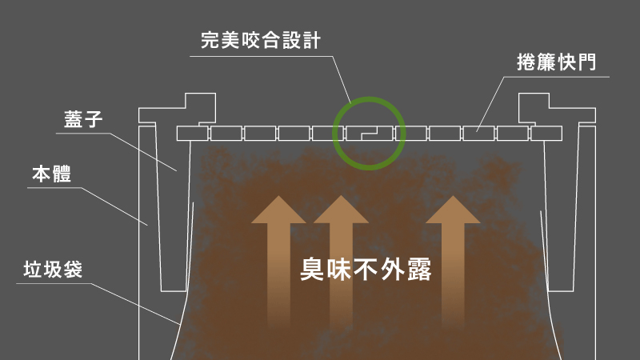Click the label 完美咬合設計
coord(261,41)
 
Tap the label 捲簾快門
coord(557,62)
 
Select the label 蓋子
coord(83,119)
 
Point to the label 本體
coord(52,174)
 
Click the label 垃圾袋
coord(53,270)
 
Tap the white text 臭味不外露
coord(366,270)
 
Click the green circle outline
coord(369,98)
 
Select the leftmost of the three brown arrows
coord(278,262)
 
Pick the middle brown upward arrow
coord(342,262)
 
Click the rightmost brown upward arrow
coord(453,262)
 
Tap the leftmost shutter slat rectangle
coord(193,134)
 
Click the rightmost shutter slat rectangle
coord(546,134)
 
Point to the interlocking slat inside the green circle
coord(370,134)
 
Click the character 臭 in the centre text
coord(312,270)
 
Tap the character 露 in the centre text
coord(419,270)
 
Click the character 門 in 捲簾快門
coord(587,62)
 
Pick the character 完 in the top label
coord(210,41)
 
